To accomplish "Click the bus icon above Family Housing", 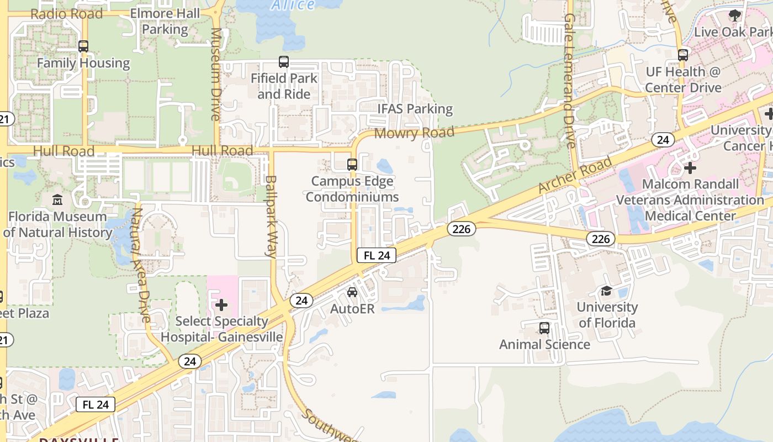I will (83, 46).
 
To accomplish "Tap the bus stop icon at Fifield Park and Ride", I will (284, 62).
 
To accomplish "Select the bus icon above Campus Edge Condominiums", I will (352, 164).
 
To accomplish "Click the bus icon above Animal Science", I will (544, 328).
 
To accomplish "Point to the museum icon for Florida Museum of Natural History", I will (57, 199).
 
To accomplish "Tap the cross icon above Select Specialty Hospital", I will (221, 305).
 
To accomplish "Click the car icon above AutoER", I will (352, 292).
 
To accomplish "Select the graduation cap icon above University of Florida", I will (606, 291).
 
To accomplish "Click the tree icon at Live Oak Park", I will (735, 15).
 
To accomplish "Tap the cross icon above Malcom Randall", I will (690, 167).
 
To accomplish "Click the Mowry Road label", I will (414, 133).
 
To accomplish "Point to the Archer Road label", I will (575, 175).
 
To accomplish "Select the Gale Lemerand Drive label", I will (570, 81).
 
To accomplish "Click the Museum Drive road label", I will (216, 74).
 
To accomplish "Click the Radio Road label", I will (67, 14).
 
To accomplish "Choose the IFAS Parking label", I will (415, 109).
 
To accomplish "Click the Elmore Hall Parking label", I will (165, 21).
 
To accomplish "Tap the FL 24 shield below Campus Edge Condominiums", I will (377, 255).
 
